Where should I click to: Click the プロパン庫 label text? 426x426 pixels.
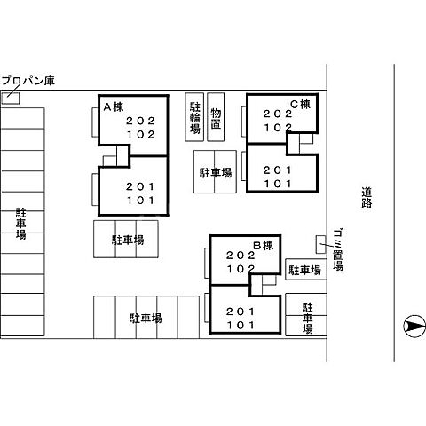[x=28, y=81]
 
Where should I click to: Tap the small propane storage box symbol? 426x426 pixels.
[x=10, y=96]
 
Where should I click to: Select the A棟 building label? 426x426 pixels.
[x=113, y=107]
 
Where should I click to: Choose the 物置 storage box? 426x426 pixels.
[x=217, y=116]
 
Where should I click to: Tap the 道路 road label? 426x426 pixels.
[x=367, y=197]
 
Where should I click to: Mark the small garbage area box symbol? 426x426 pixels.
[x=321, y=242]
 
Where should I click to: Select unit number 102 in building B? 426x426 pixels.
[x=241, y=268]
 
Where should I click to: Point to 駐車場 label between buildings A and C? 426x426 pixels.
[x=215, y=173]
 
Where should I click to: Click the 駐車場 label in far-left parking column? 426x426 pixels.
[x=20, y=225]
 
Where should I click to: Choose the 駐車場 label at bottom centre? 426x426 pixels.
[x=146, y=317]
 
